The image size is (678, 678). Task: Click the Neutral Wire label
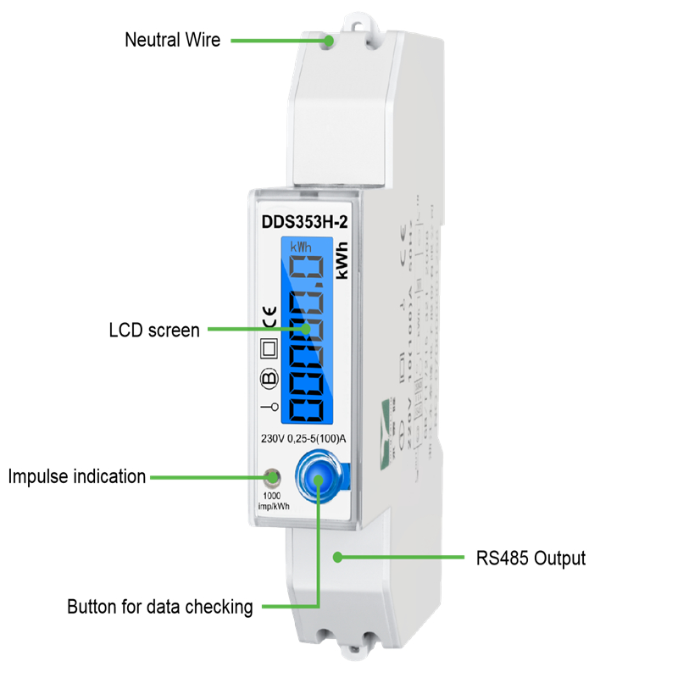[x=172, y=40]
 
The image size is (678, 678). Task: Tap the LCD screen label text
[x=154, y=330]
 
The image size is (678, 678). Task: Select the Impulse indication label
[x=77, y=476]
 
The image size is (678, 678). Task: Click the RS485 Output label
[x=530, y=559]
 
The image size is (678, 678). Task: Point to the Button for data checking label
[x=160, y=607]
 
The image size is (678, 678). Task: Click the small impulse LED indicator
[x=272, y=477]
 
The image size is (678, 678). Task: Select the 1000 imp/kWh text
[x=272, y=501]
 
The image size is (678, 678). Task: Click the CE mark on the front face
[x=268, y=318]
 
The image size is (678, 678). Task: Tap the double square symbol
[x=269, y=348]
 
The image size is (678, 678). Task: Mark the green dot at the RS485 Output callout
[x=337, y=558]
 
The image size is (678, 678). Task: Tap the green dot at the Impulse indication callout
[x=271, y=477]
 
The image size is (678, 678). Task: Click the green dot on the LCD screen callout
[x=303, y=330]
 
